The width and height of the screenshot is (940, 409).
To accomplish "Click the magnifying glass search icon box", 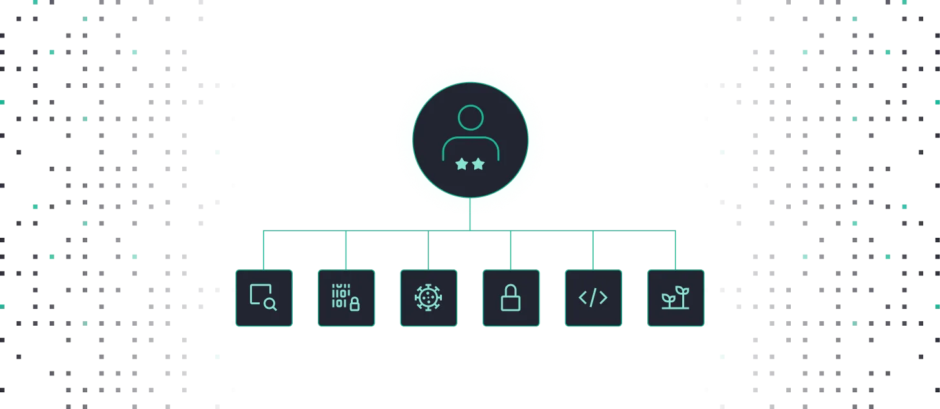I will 264,298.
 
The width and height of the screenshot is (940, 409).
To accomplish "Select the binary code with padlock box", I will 346,298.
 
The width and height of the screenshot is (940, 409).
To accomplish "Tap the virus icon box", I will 428,298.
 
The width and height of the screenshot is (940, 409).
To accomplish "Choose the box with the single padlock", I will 510,298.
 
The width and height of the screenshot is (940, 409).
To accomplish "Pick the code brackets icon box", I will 592,298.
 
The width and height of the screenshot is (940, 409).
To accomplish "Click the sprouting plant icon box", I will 675,298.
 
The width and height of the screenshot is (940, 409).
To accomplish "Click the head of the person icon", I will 470,118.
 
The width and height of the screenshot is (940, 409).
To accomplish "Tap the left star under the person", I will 461,165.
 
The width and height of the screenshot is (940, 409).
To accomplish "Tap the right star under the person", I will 478,165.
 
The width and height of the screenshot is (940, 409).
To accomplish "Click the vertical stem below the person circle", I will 470,213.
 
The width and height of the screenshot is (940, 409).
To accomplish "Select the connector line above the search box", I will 264,249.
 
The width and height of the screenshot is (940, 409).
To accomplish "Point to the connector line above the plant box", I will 674,249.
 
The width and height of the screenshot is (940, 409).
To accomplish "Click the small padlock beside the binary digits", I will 354,305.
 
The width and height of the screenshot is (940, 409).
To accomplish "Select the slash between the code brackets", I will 592,298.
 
